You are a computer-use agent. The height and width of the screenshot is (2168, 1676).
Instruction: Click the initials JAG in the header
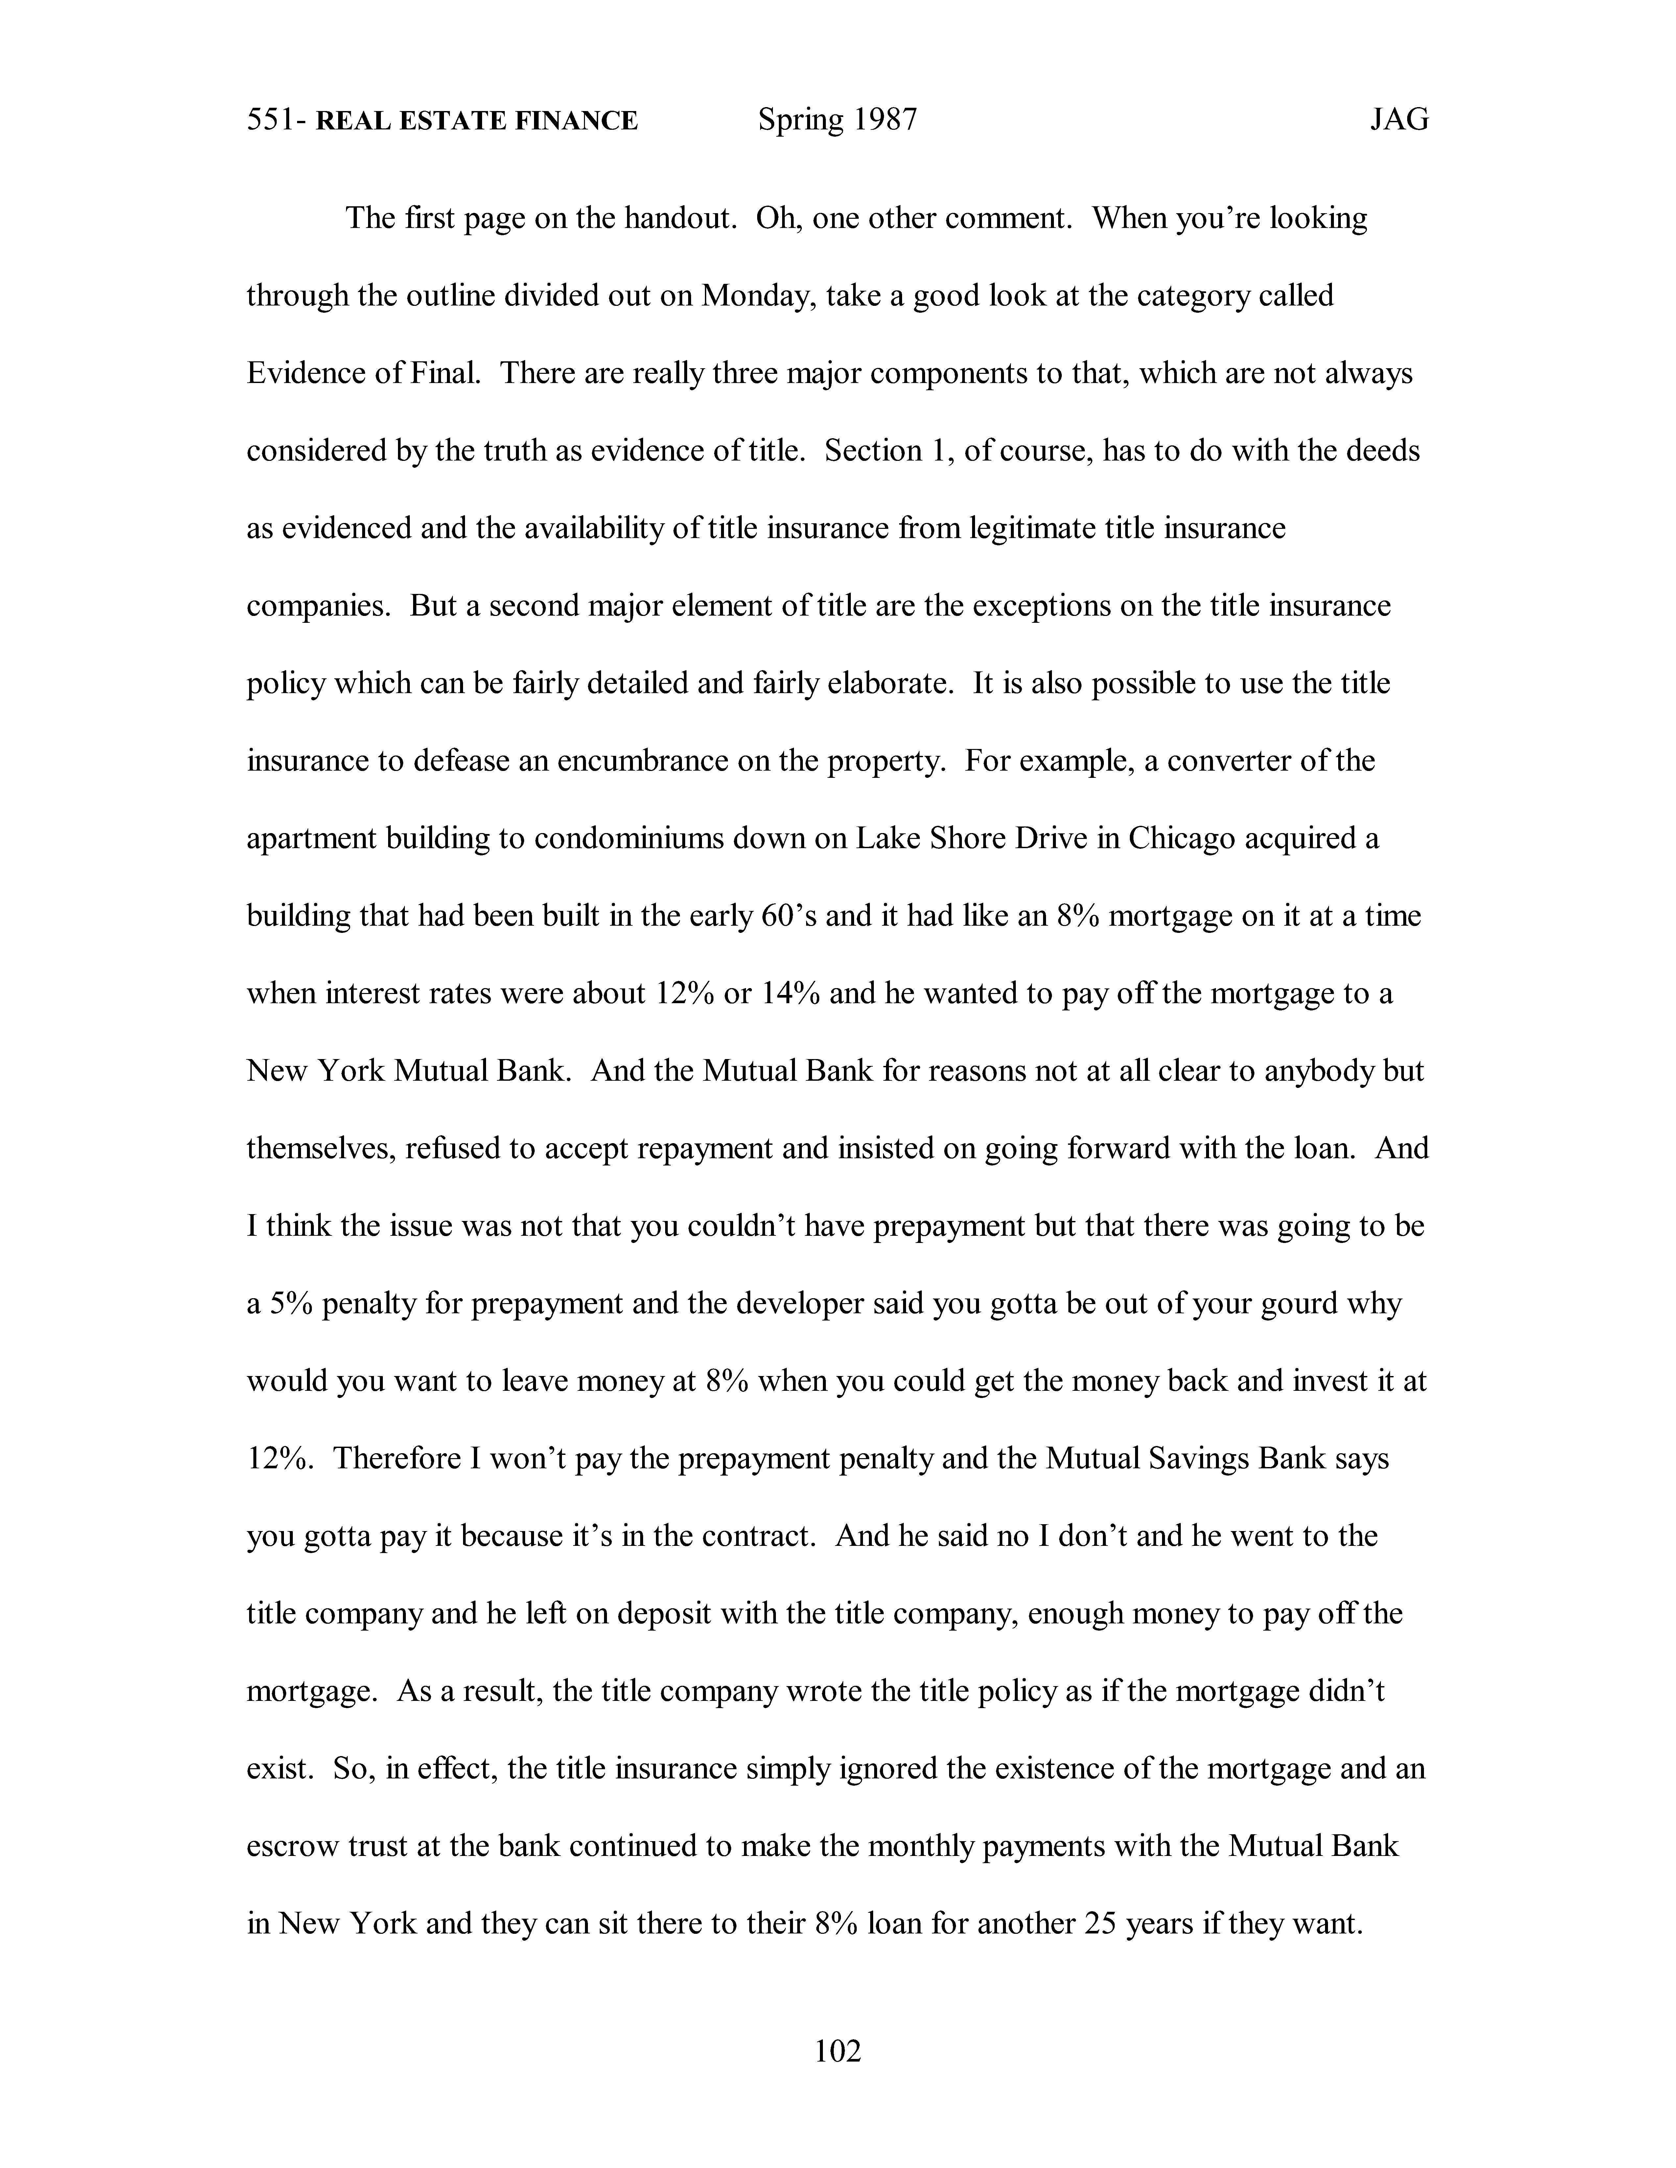pos(1399,120)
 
